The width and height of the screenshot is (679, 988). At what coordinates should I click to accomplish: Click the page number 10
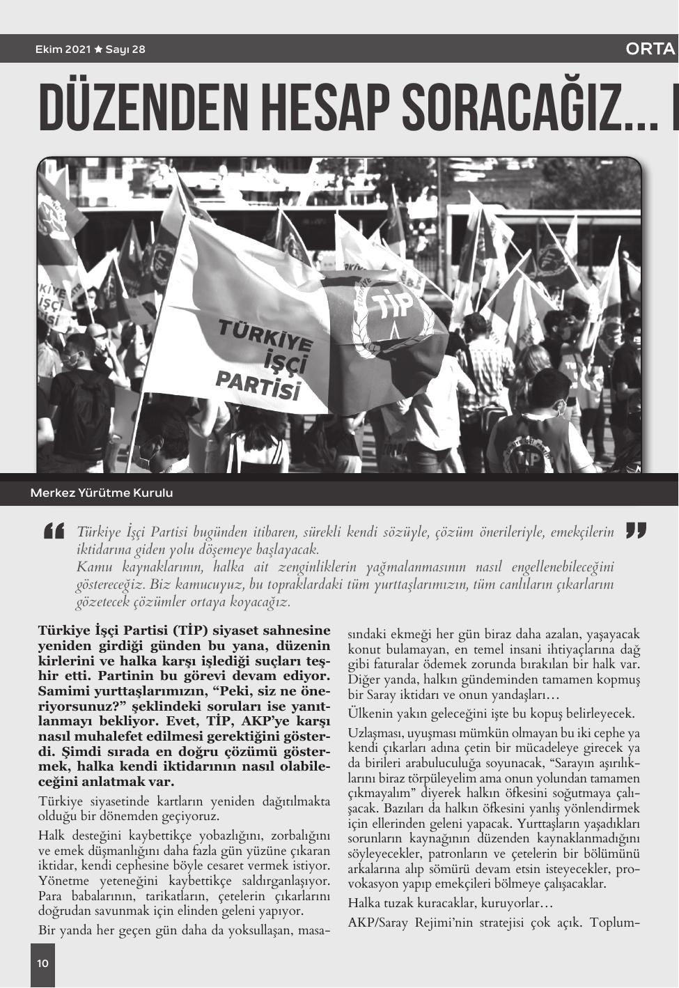[x=42, y=964]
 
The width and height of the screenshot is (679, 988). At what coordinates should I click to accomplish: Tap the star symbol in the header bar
[x=98, y=49]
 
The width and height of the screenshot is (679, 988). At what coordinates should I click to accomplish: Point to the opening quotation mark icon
[x=54, y=531]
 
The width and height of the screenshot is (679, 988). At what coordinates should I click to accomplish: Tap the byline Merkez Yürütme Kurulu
[x=102, y=493]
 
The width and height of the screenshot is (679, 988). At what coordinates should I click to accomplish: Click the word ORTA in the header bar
[x=650, y=49]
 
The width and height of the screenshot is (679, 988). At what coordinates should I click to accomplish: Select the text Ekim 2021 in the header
[x=63, y=49]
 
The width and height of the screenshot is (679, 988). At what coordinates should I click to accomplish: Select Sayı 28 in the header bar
[x=125, y=49]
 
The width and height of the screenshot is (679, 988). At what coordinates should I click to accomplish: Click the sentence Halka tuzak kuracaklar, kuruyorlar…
[x=450, y=904]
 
